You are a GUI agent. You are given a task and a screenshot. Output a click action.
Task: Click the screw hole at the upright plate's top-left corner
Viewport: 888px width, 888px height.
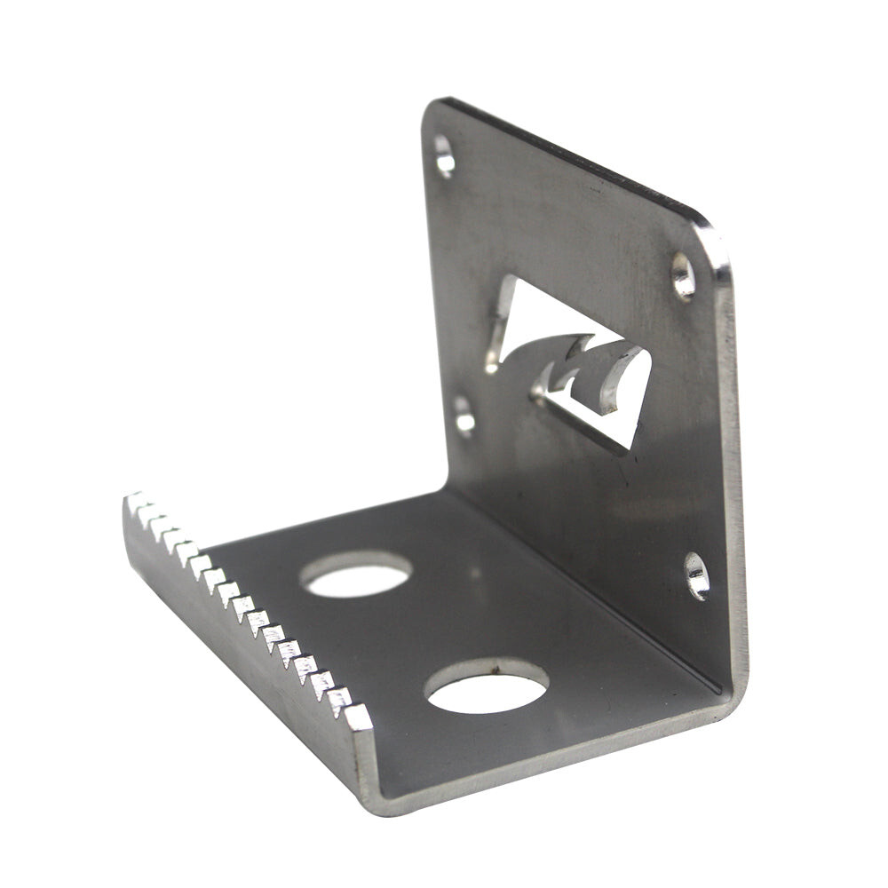(x=444, y=156)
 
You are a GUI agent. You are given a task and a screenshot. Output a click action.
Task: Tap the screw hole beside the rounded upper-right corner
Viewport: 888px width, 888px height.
(x=683, y=275)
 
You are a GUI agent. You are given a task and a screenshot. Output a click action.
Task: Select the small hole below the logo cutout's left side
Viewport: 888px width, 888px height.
(x=464, y=416)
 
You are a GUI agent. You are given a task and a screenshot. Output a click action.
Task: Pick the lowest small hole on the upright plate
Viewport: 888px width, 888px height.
(x=696, y=575)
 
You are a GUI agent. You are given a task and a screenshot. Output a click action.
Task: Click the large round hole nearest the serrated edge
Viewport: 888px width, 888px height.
(x=356, y=575)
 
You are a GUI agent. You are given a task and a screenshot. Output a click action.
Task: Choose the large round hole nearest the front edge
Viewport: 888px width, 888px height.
(x=487, y=686)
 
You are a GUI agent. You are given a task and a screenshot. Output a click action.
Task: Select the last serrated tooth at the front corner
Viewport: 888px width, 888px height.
(x=358, y=716)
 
